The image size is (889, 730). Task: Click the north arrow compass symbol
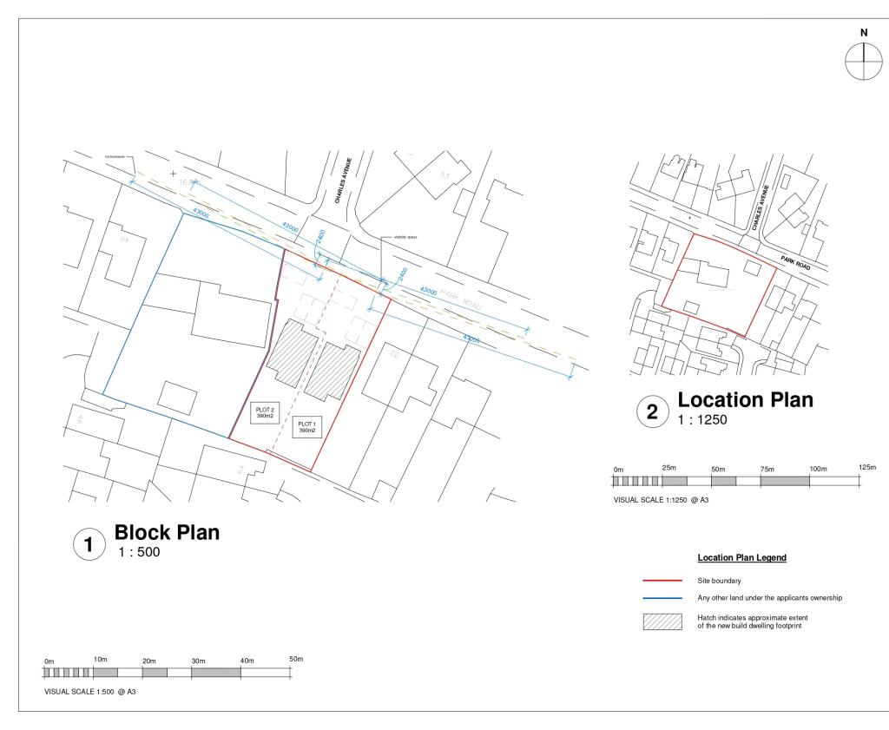(864, 61)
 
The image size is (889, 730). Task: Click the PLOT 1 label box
(307, 428)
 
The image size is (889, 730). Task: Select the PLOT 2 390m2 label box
(265, 413)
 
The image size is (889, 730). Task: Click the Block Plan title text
(167, 532)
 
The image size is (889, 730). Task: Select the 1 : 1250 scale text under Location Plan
(702, 419)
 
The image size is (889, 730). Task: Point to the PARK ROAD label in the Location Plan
(797, 262)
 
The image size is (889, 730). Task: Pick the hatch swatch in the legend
(662, 621)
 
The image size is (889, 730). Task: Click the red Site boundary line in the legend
(662, 580)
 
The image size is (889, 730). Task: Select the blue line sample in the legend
(662, 598)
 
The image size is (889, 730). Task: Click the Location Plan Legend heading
(742, 557)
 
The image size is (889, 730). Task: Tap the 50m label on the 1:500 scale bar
(296, 659)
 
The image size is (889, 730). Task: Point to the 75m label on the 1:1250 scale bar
(767, 469)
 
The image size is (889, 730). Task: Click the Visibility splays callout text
(406, 236)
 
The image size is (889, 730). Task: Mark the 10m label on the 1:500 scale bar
(100, 660)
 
